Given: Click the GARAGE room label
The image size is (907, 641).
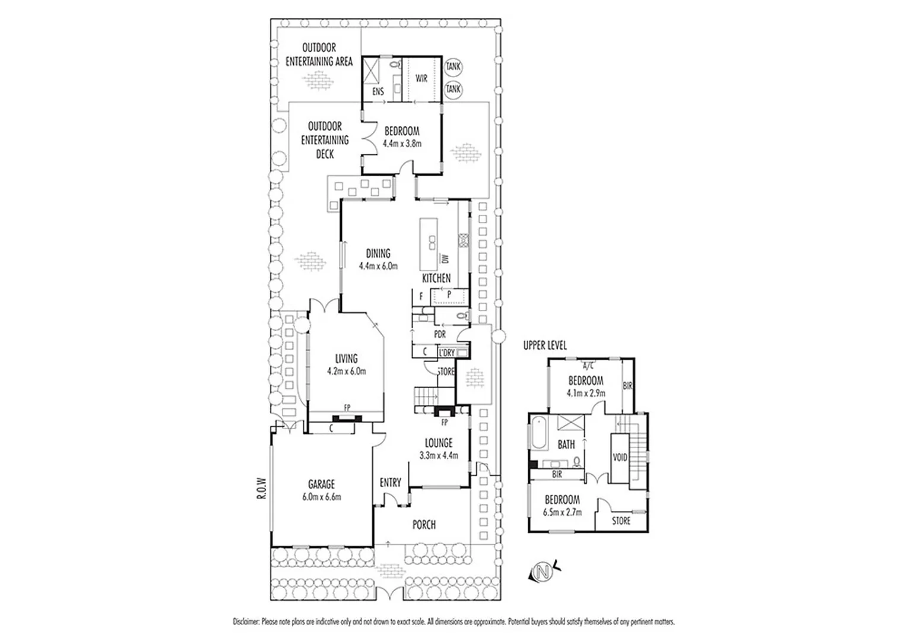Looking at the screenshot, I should pos(321,484).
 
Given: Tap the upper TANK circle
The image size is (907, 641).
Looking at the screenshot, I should pos(453,68).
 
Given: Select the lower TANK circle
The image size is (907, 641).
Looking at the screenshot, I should pos(453,89).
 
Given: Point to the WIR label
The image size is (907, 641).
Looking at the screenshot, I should pos(421,78).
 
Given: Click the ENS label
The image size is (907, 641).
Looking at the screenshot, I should pos(378,91).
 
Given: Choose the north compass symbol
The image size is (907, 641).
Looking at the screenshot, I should pos(542,572).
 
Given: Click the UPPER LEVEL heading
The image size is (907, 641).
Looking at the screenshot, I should pos(545,345).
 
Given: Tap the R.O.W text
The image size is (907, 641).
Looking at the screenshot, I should pos(260,489).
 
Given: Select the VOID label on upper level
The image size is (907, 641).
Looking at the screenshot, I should pos(620,458).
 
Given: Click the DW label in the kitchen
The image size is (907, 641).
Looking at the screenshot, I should pos(444,258).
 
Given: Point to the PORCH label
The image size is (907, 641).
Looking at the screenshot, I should pos(424,525).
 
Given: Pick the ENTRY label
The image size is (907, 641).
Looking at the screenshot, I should pos(390,483).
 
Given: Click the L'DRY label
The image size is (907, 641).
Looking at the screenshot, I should pos(446,353).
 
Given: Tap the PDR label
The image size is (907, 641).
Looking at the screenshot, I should pos(439,335).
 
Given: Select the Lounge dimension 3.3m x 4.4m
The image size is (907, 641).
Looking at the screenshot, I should pos(438,456).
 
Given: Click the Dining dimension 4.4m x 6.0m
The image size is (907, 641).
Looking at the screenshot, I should pos(378,266).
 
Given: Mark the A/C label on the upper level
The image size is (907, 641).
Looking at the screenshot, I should pos(589,365).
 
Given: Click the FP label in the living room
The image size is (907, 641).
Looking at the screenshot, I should pos(347,408).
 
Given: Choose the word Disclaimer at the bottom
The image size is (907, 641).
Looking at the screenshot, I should pos(246,622).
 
